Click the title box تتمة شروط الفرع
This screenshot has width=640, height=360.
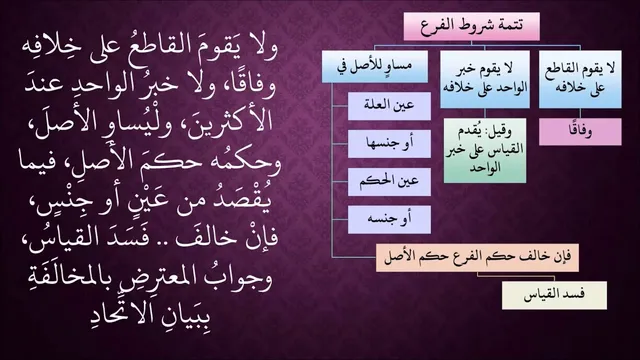(x=471, y=26)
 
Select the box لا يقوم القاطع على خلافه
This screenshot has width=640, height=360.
(x=580, y=79)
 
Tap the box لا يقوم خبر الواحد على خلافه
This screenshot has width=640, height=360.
(x=485, y=79)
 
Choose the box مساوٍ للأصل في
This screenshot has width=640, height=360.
(x=375, y=67)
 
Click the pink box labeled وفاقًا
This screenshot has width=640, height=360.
(x=580, y=131)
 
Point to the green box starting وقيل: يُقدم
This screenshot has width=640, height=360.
(x=485, y=150)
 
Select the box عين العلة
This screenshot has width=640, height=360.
(x=389, y=106)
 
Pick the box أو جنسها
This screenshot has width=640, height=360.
(x=389, y=144)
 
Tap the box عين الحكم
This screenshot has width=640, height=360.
(x=389, y=182)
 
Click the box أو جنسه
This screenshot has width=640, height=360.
(x=389, y=220)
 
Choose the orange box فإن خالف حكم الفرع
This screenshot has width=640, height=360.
(x=477, y=257)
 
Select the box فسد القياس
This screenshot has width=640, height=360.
(x=554, y=295)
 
